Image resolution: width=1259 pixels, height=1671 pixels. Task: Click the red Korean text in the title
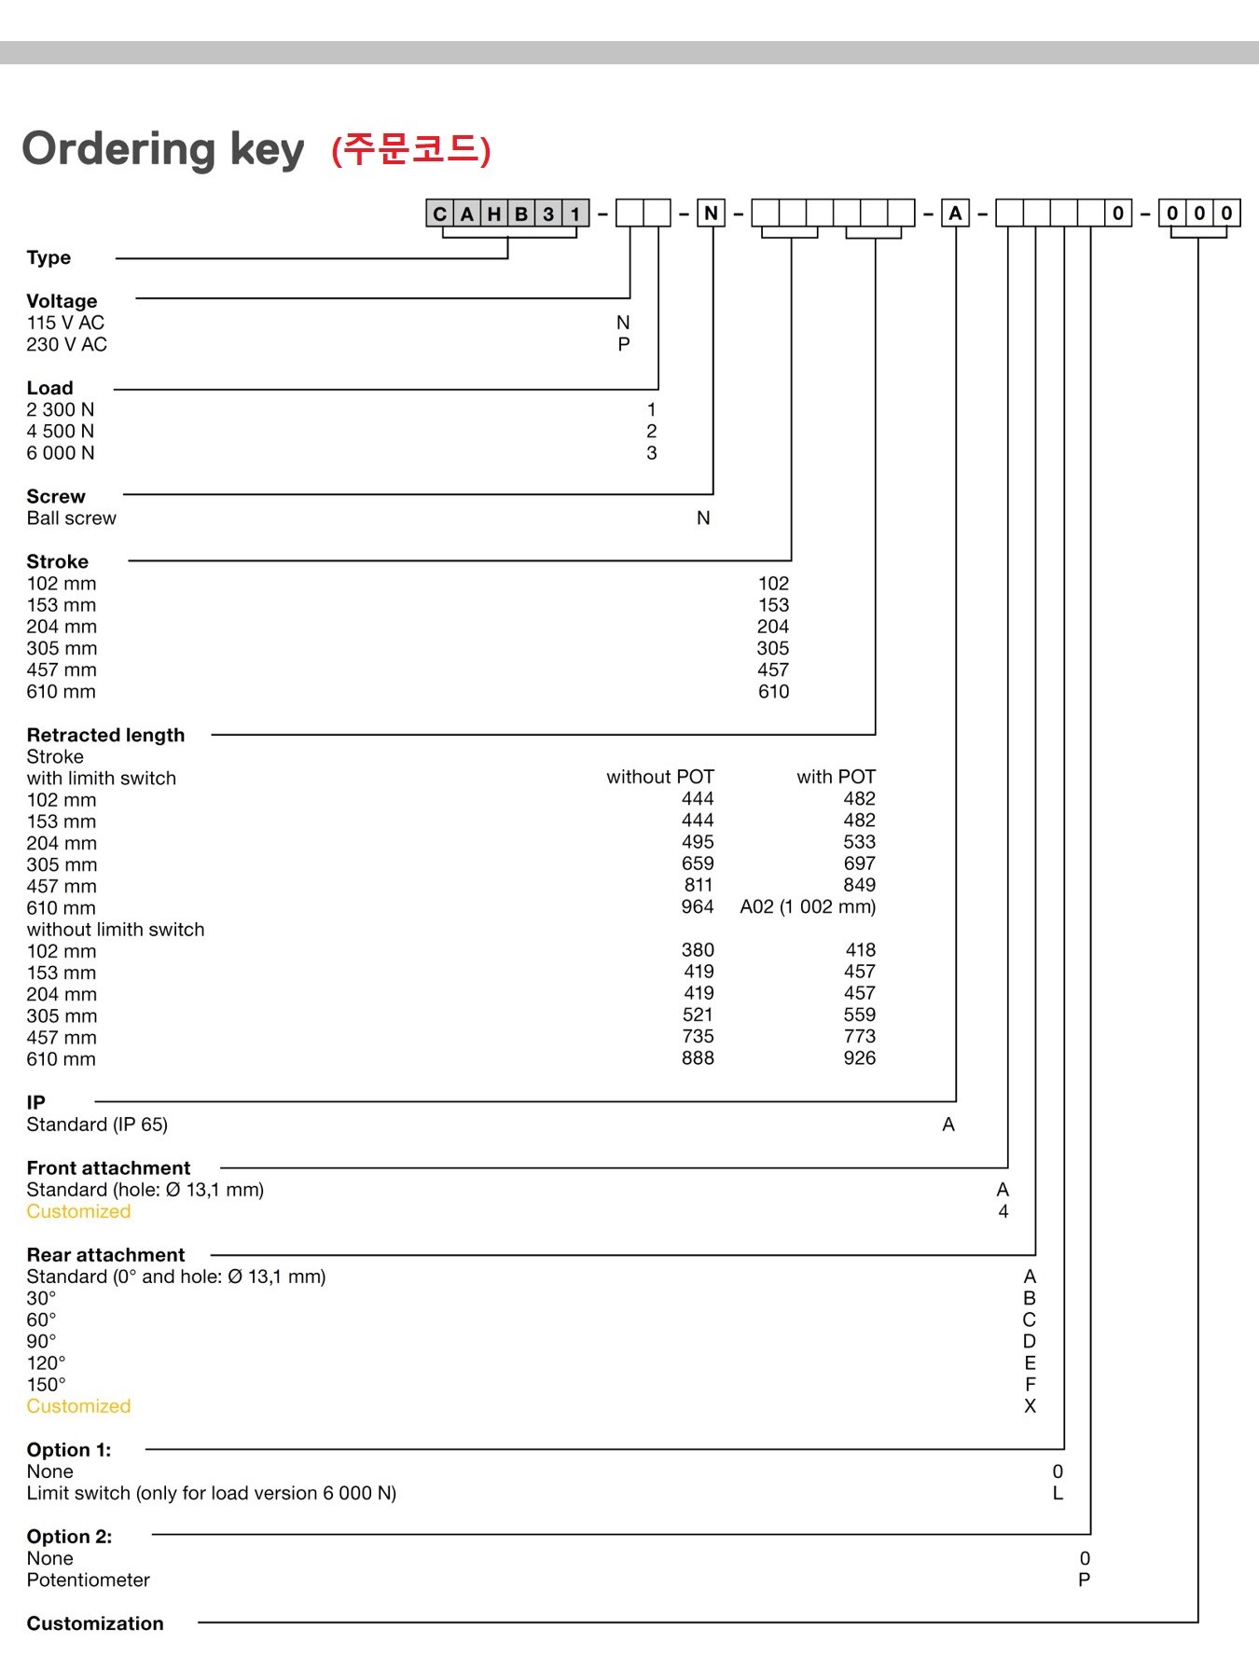click(411, 149)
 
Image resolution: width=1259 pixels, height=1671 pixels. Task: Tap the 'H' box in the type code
click(494, 214)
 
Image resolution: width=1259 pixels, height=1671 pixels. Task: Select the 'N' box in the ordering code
click(712, 214)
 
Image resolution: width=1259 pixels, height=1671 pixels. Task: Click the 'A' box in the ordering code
click(955, 214)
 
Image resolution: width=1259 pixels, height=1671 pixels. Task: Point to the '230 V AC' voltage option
click(67, 345)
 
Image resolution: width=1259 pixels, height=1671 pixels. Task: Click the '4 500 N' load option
click(61, 432)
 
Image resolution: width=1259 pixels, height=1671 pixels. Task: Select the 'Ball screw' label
click(72, 518)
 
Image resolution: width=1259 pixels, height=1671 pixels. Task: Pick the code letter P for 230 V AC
click(624, 345)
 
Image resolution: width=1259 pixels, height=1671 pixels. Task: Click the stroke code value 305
click(773, 649)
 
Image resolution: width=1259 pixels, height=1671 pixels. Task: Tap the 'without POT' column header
click(660, 778)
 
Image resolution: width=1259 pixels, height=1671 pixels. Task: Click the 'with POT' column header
click(836, 778)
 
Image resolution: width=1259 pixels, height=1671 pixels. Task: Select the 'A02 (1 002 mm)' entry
click(808, 907)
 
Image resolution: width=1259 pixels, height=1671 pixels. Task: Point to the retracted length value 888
click(698, 1058)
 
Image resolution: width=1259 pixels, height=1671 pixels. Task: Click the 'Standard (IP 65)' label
click(97, 1125)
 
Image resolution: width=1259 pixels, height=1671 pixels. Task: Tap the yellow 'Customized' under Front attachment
click(78, 1212)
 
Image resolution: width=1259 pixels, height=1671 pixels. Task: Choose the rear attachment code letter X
click(1030, 1406)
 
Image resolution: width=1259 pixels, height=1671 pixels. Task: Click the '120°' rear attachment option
click(46, 1363)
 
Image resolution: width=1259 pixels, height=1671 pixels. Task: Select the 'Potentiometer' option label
click(89, 1581)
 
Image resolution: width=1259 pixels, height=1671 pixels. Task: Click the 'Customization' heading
click(95, 1624)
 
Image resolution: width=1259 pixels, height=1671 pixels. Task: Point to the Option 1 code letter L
click(1058, 1494)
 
